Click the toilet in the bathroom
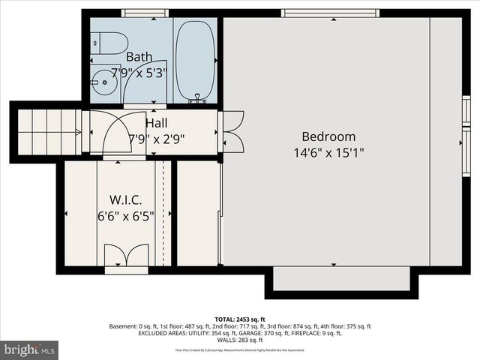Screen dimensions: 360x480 pyautogui.click(x=109, y=43)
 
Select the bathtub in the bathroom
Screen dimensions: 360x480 pyautogui.click(x=196, y=60)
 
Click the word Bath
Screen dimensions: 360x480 pyautogui.click(x=139, y=57)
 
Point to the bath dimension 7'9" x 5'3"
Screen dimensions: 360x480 pyautogui.click(x=139, y=73)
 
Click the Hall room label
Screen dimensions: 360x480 pyautogui.click(x=157, y=123)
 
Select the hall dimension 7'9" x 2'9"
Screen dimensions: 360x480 pyautogui.click(x=157, y=139)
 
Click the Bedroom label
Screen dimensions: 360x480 pyautogui.click(x=328, y=136)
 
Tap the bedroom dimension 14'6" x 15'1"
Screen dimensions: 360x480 pyautogui.click(x=328, y=153)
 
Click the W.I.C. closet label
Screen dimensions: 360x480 pyautogui.click(x=126, y=200)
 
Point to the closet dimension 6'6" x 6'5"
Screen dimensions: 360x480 pyautogui.click(x=126, y=216)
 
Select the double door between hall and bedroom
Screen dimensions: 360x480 pyautogui.click(x=232, y=132)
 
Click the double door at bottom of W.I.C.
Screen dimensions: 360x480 pyautogui.click(x=126, y=256)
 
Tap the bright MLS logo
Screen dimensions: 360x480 pyautogui.click(x=30, y=349)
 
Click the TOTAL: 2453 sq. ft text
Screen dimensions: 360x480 pyautogui.click(x=240, y=319)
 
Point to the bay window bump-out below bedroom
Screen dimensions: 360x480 pyautogui.click(x=341, y=280)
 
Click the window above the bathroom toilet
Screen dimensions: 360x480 pyautogui.click(x=144, y=13)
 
